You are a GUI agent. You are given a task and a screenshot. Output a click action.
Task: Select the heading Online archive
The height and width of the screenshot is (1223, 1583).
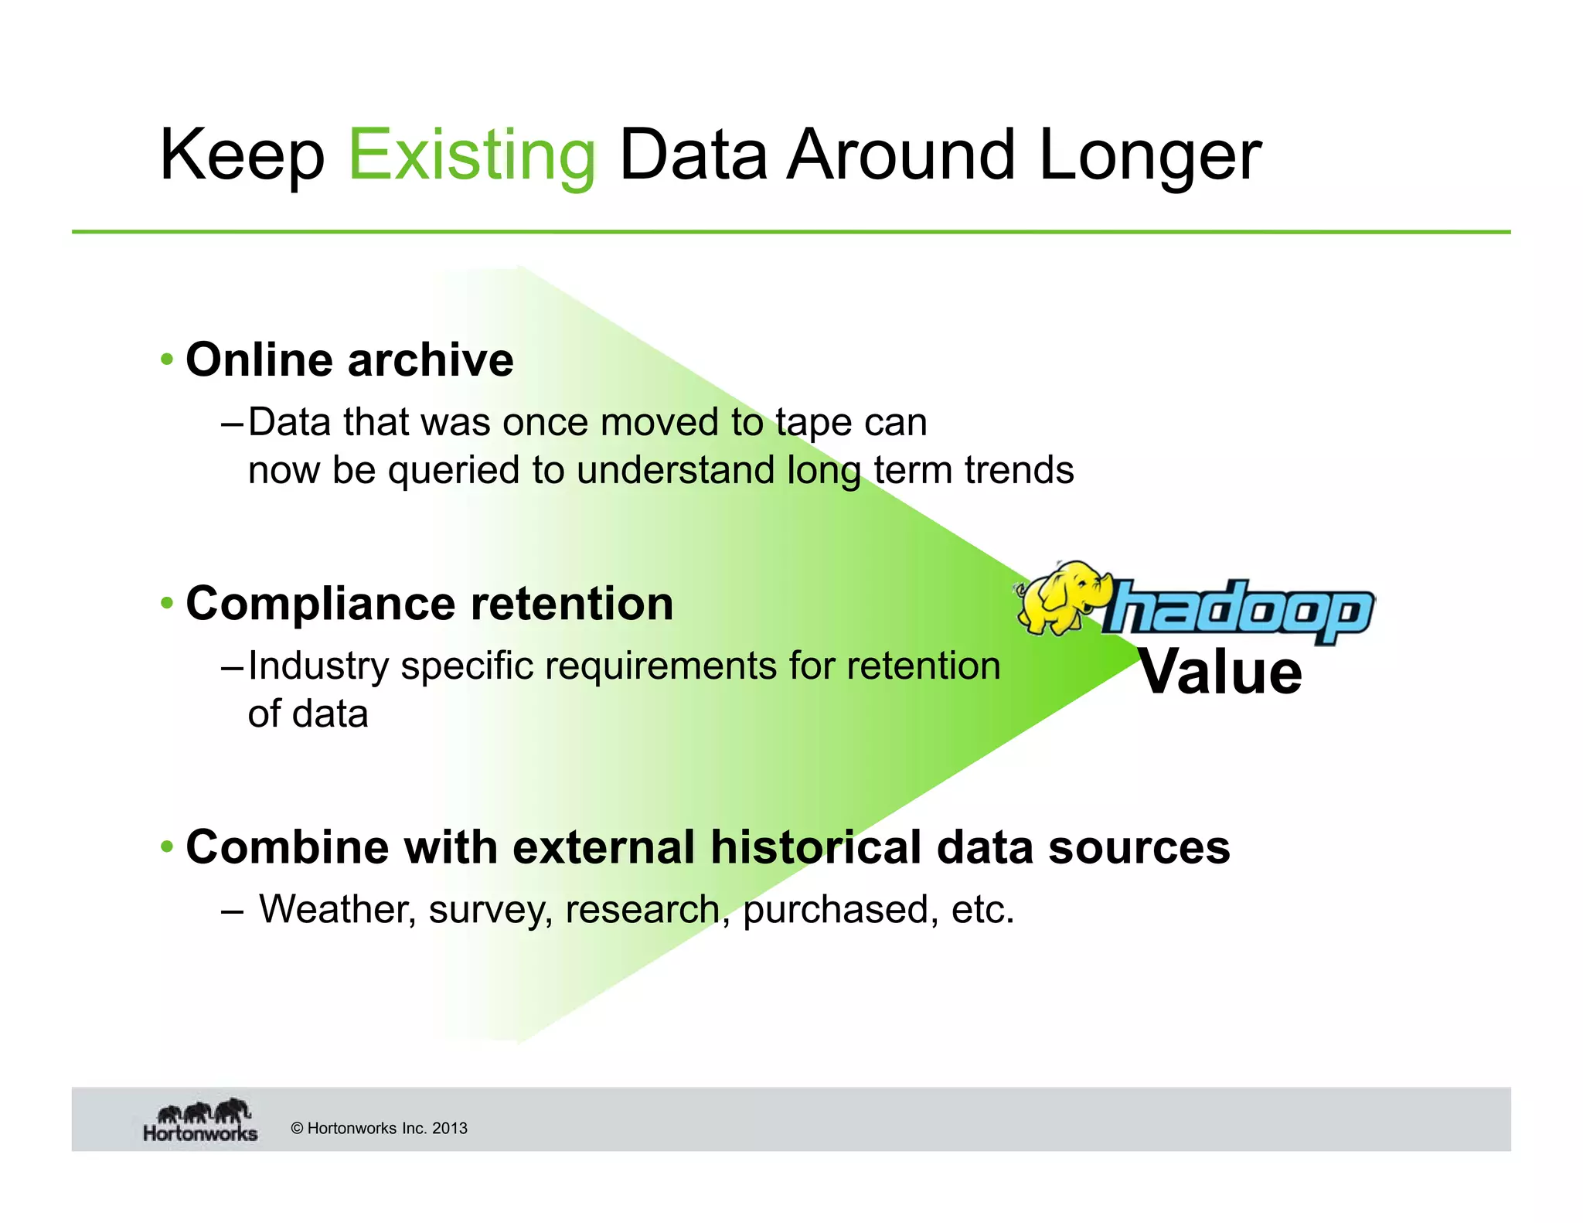pos(349,360)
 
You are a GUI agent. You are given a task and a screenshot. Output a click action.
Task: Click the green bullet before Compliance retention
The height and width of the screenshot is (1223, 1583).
pos(167,603)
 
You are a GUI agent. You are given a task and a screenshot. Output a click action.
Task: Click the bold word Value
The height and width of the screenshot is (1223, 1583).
pos(1220,672)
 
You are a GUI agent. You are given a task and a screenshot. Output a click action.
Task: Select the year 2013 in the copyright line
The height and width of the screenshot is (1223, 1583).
pos(450,1128)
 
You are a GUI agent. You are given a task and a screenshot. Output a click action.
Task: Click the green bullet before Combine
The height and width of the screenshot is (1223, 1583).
pos(167,847)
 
